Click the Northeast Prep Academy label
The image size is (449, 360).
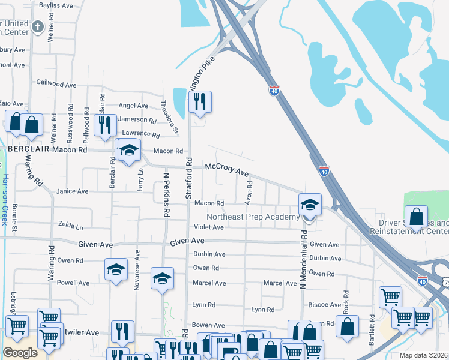253,217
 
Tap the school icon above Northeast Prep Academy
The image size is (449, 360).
310,205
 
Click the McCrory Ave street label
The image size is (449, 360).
227,170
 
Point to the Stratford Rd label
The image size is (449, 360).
188,178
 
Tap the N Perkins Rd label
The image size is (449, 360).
167,190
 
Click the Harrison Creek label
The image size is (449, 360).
4,195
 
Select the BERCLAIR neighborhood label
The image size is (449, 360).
28,149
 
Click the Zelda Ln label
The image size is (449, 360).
70,227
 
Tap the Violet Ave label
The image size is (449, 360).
209,227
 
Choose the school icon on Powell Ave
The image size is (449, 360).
116,270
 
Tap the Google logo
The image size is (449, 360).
20,353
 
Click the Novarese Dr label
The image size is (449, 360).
137,274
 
